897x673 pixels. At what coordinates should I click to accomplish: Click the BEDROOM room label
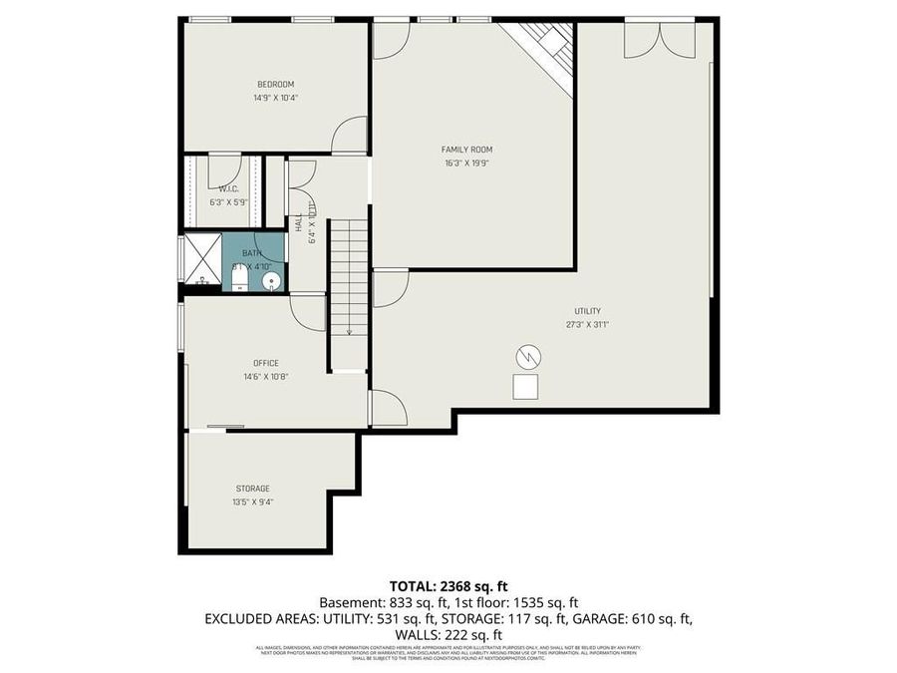click(275, 84)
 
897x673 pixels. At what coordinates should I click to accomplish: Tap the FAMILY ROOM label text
click(467, 150)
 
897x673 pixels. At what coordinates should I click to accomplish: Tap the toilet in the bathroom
click(239, 282)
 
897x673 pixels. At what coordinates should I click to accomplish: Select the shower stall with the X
click(199, 258)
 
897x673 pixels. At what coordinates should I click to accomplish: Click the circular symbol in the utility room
click(527, 355)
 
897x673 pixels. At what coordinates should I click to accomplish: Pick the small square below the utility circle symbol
click(525, 386)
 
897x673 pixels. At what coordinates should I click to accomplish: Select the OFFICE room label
click(266, 363)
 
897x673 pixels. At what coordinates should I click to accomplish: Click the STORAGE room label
click(252, 489)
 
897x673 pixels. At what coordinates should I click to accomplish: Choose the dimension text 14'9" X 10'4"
click(275, 99)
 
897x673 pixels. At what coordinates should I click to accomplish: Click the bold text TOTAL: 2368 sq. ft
click(448, 585)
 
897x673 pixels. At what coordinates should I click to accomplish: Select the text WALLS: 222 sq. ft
click(448, 634)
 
